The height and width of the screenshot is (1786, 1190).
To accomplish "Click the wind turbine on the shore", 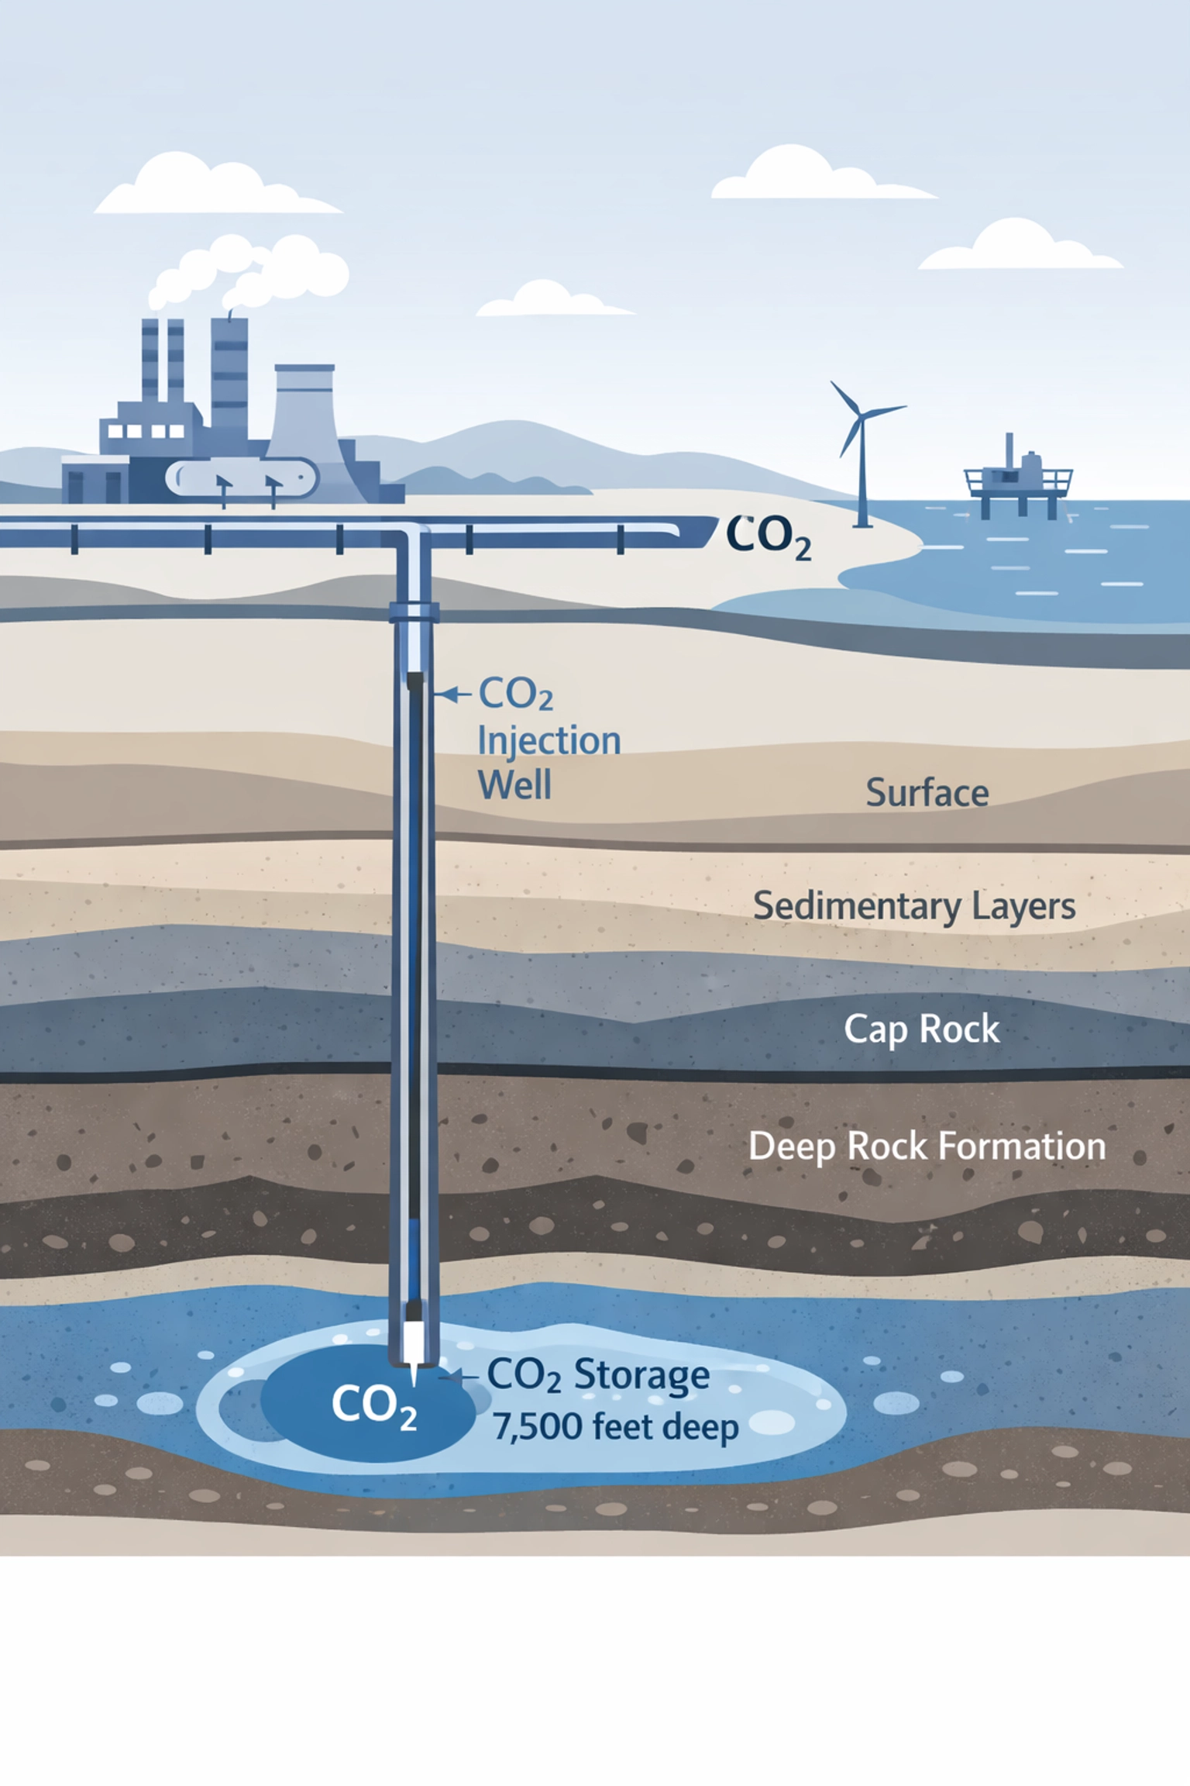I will click(861, 450).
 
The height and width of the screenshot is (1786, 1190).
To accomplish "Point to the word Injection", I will click(549, 741).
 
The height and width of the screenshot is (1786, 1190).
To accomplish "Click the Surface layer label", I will click(927, 793).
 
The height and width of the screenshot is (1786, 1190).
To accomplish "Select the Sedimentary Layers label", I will click(914, 905).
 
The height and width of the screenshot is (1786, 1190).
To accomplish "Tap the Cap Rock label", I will click(921, 1029).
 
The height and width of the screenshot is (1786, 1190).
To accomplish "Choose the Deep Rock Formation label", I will click(927, 1146).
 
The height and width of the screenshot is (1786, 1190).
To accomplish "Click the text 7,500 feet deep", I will click(616, 1427).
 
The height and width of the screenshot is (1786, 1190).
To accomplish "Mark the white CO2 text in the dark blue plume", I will click(374, 1405).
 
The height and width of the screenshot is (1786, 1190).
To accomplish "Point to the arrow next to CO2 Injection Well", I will click(452, 694).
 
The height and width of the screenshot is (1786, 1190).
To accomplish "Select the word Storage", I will click(641, 1376).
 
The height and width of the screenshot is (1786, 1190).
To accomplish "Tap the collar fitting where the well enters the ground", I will click(414, 612).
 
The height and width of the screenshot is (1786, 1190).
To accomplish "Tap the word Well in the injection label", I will click(514, 785).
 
